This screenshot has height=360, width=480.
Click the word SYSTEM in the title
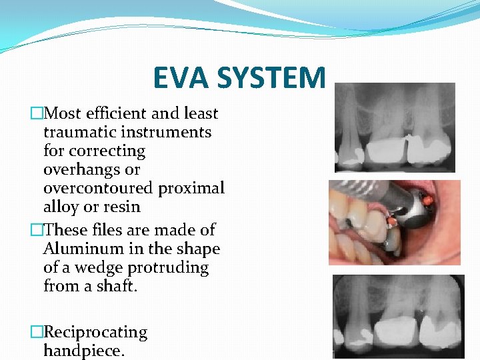(277, 77)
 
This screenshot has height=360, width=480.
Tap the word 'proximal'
(191, 188)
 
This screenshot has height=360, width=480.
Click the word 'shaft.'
(115, 286)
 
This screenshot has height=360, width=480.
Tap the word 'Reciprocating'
(95, 332)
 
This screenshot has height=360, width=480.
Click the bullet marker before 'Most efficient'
(37, 114)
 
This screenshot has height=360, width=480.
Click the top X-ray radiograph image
(394, 127)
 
